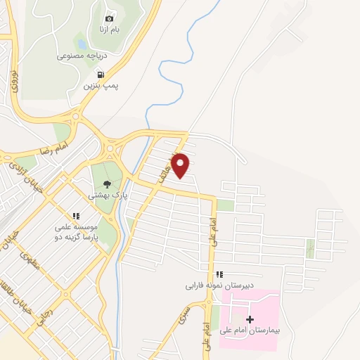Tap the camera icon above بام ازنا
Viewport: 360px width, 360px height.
pyautogui.click(x=109, y=18)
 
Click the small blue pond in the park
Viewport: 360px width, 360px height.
pyautogui.click(x=83, y=44)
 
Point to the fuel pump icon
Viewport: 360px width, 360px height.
pyautogui.click(x=101, y=74)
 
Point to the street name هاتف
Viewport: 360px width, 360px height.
pyautogui.click(x=167, y=170)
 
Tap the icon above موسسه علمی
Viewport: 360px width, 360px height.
pyautogui.click(x=75, y=216)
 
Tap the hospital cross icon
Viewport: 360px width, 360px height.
pyautogui.click(x=250, y=319)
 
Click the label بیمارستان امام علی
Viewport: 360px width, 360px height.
pyautogui.click(x=255, y=331)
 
